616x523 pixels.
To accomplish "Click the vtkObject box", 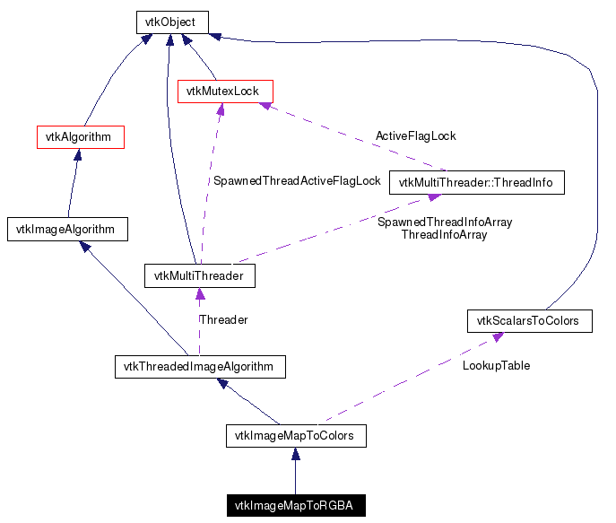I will click(x=172, y=22).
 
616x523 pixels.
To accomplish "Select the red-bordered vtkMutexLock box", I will click(x=224, y=91).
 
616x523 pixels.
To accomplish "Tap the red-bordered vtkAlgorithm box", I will click(x=79, y=137).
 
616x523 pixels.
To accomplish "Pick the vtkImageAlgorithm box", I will click(x=66, y=229).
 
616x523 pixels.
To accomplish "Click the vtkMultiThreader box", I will click(x=199, y=275).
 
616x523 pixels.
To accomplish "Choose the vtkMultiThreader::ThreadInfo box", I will click(x=476, y=183).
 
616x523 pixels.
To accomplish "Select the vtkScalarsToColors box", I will click(x=528, y=320).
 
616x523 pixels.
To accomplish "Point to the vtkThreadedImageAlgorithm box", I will click(x=200, y=366).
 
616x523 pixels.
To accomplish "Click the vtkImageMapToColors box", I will click(x=295, y=437).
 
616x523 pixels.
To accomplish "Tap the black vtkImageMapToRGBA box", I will click(x=294, y=506).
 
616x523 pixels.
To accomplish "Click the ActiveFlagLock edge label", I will click(x=415, y=136).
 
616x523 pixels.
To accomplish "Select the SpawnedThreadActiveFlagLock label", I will click(x=297, y=180).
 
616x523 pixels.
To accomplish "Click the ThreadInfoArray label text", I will click(x=444, y=235).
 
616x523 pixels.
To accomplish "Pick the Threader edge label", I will click(x=223, y=319).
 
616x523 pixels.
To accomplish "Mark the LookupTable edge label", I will click(x=496, y=366).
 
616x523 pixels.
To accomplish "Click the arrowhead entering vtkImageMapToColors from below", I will click(x=295, y=455).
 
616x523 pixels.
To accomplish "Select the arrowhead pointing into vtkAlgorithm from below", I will click(x=79, y=155).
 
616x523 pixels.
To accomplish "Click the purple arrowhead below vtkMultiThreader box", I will click(x=199, y=293).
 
